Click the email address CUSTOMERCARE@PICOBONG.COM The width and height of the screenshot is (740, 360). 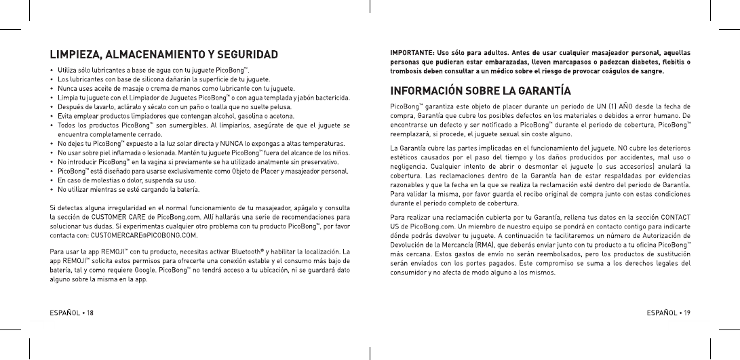click(x=140, y=235)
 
